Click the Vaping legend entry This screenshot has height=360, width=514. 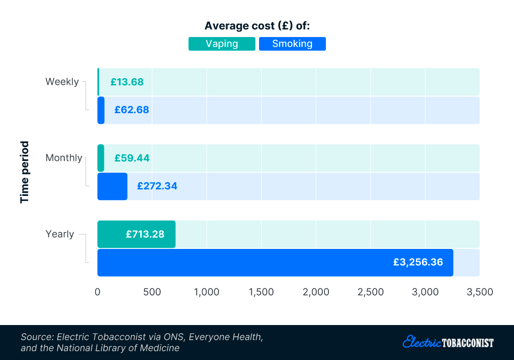click(x=222, y=44)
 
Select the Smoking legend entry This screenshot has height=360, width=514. click(x=292, y=44)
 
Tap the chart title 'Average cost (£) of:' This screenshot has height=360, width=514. click(x=257, y=26)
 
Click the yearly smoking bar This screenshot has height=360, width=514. click(x=275, y=262)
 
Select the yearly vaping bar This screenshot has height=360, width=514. click(x=136, y=234)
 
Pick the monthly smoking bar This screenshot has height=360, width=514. click(x=112, y=186)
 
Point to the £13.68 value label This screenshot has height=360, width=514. click(x=127, y=82)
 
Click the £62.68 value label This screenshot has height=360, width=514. click(x=132, y=110)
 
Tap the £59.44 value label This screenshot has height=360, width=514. click(x=132, y=158)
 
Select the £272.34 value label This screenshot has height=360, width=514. click(x=157, y=186)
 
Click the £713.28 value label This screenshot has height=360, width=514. click(x=145, y=234)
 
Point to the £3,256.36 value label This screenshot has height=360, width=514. click(x=418, y=262)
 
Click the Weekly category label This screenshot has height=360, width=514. click(x=62, y=82)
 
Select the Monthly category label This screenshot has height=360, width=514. click(x=64, y=158)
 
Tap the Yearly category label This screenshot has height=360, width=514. click(x=60, y=234)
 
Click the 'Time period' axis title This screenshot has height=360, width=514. click(x=25, y=172)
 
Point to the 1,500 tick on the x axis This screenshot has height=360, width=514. click(x=261, y=292)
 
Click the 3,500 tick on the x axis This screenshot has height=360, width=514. click(x=479, y=292)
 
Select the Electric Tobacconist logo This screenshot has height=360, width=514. click(x=448, y=342)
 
